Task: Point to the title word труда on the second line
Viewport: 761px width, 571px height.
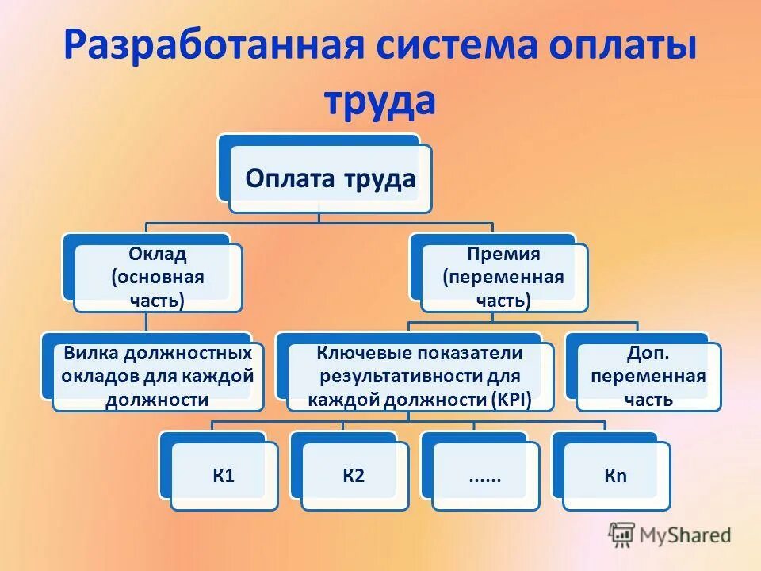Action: [x=380, y=101]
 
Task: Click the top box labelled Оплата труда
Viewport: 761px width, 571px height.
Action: [x=330, y=178]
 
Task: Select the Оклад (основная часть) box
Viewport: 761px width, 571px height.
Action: [x=157, y=278]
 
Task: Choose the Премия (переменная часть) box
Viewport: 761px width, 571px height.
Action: [x=503, y=278]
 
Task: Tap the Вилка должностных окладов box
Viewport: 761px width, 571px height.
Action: [x=157, y=376]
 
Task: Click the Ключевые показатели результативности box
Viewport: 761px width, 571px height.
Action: [x=419, y=376]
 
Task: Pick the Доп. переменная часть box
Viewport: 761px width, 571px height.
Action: [x=648, y=376]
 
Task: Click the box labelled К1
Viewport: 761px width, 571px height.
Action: [x=224, y=476]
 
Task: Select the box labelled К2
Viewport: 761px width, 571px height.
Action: [x=354, y=476]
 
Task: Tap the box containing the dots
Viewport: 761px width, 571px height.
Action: [x=484, y=476]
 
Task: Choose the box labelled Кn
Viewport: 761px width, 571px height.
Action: [x=616, y=476]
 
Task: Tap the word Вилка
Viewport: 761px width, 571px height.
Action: [x=87, y=352]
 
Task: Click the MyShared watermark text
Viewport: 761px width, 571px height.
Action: [x=686, y=535]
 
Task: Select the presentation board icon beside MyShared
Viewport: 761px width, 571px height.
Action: [x=622, y=534]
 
